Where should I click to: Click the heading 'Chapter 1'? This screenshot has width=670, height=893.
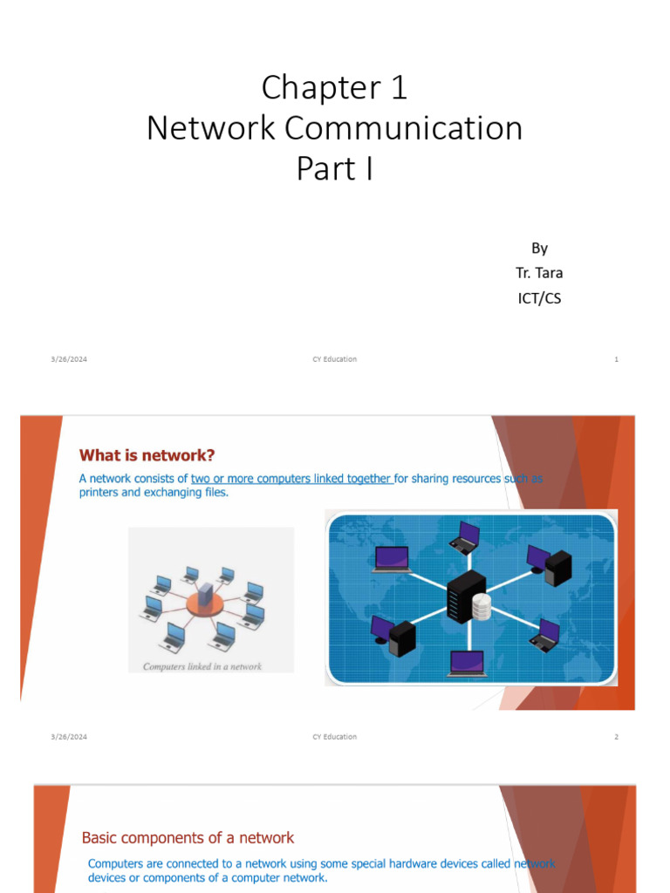pos(334,88)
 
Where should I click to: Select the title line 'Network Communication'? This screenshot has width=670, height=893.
pos(334,128)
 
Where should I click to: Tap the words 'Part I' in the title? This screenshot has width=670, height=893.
pos(334,168)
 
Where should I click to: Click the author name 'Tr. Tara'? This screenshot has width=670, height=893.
pos(539,273)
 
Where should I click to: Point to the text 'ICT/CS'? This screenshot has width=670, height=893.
pos(539,298)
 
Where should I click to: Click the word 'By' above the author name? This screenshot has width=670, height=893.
pos(539,248)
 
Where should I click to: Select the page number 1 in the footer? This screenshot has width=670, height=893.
pos(616,359)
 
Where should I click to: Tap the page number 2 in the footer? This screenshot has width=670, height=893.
pos(616,737)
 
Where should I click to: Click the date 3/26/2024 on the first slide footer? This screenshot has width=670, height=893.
pos(69,359)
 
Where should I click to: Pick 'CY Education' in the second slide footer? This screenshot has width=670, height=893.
pos(334,737)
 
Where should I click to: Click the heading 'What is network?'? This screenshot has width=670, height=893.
pos(147,455)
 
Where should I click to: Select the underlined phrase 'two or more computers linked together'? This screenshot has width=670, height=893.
pos(291,478)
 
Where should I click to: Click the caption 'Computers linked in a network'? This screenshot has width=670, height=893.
pos(202,666)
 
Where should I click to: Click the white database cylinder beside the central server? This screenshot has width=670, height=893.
pos(482,606)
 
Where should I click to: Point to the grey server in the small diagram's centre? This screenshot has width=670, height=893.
pos(205,596)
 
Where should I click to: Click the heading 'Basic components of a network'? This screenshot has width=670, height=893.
pos(188,838)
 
